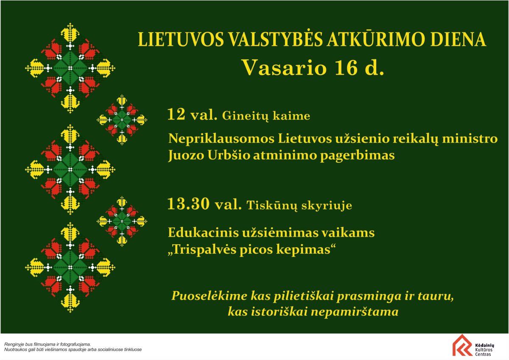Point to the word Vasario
click(x=285, y=68)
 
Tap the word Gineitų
click(x=245, y=116)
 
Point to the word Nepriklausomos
click(x=221, y=139)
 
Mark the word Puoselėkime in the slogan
click(x=209, y=296)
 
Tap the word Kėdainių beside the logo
click(x=484, y=345)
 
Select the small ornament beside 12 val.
click(x=122, y=120)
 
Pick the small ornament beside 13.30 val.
click(x=122, y=221)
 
